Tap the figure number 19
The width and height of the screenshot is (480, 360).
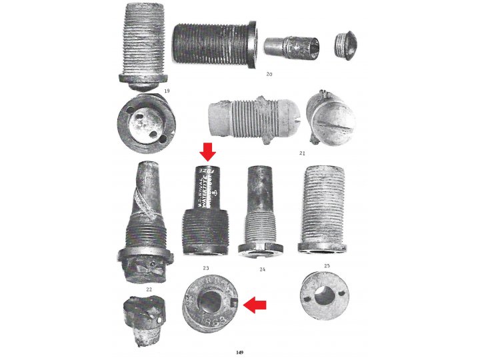pyautogui.click(x=167, y=89)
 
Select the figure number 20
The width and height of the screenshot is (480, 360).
pyautogui.click(x=269, y=74)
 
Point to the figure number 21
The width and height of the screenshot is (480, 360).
pyautogui.click(x=302, y=153)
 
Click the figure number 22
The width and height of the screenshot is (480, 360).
pyautogui.click(x=149, y=289)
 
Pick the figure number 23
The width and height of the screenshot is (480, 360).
pyautogui.click(x=206, y=268)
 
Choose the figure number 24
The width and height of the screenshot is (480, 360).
pyautogui.click(x=263, y=269)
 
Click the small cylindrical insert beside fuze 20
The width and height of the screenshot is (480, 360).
pyautogui.click(x=291, y=47)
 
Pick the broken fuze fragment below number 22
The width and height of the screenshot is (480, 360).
pyautogui.click(x=142, y=319)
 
